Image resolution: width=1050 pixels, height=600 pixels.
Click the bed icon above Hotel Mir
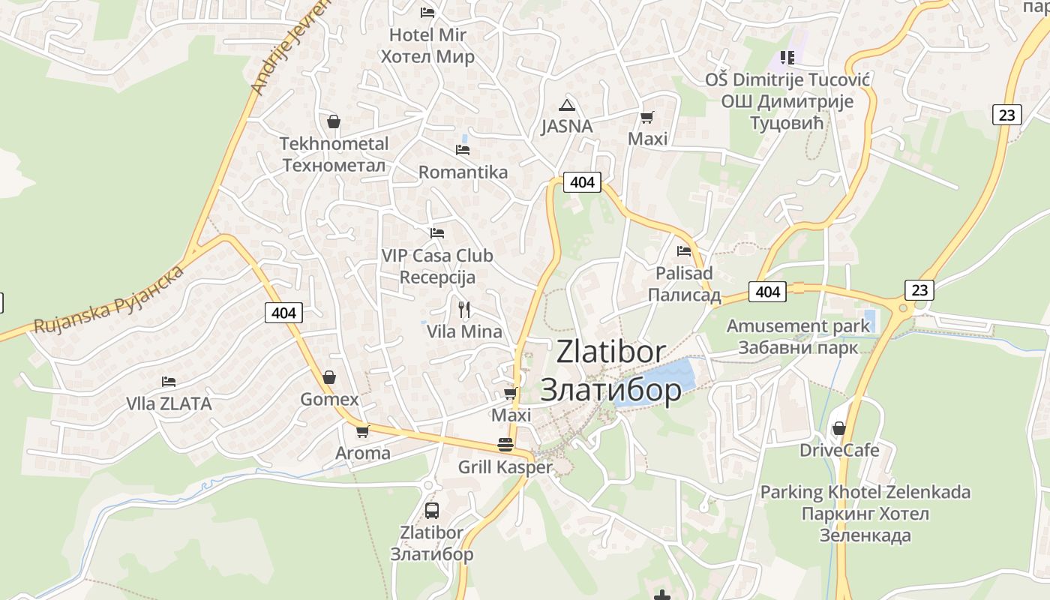[427, 12]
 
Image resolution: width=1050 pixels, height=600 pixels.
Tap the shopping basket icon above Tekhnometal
[334, 121]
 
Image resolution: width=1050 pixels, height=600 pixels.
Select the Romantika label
[463, 172]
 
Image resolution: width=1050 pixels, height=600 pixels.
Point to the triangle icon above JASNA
[567, 104]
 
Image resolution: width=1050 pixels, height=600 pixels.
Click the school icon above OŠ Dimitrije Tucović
[787, 57]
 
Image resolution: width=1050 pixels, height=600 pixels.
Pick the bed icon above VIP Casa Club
[437, 233]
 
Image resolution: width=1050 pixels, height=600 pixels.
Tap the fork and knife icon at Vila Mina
[464, 309]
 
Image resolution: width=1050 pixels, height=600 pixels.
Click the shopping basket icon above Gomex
[328, 377]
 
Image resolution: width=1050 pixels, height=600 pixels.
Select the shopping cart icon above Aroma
[363, 431]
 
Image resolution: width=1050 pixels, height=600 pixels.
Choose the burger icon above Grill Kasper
[505, 445]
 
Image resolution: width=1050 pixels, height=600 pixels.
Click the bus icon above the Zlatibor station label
[432, 511]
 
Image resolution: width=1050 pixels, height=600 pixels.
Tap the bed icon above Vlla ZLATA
[169, 382]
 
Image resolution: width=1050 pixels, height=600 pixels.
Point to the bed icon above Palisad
[684, 251]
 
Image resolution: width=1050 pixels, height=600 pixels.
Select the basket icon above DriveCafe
[839, 428]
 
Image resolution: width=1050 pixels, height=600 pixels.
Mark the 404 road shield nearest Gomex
[284, 313]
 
